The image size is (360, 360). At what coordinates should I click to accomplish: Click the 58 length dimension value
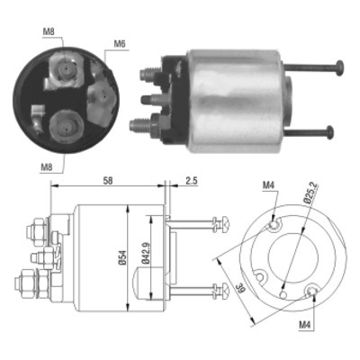point(108,181)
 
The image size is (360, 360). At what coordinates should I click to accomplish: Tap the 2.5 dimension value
point(191,181)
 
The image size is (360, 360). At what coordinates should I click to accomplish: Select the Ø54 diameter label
point(122,257)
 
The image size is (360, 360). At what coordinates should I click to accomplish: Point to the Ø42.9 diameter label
point(146,253)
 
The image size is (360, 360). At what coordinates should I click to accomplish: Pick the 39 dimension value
point(241,289)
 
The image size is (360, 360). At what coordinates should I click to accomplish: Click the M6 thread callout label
point(120,44)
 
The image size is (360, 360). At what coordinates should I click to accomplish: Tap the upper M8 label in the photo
point(49,31)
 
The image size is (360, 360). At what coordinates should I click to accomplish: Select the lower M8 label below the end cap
point(47,167)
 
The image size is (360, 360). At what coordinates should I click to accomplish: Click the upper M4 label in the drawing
point(268,185)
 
